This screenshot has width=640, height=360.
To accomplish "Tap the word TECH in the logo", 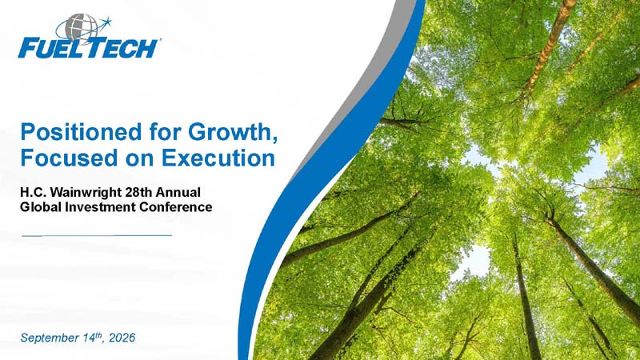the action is point(122,48).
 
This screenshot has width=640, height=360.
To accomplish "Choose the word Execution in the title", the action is point(218,158).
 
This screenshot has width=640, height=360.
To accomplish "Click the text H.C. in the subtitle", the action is point(31,192).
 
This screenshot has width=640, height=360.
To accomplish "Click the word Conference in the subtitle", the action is point(176,207).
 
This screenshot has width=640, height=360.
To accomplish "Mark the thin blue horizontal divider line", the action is point(97,235).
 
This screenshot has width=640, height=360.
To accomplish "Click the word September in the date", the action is point(50,338).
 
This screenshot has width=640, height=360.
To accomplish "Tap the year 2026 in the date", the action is point(122,338).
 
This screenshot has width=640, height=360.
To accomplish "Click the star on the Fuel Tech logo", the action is point(106,21).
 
